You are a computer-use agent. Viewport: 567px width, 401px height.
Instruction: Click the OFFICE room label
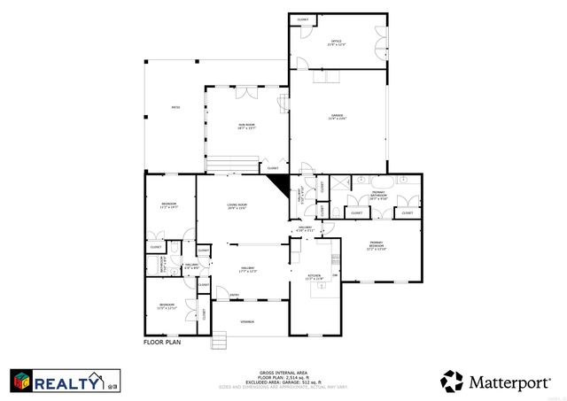point(337,42)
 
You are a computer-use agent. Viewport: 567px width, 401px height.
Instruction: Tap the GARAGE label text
point(338,116)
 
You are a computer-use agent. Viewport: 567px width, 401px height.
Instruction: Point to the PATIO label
point(175,108)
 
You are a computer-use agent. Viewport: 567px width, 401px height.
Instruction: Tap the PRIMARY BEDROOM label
point(378,246)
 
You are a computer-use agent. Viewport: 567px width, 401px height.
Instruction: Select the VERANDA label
point(249,321)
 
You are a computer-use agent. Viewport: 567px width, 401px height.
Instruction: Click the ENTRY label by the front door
point(234,295)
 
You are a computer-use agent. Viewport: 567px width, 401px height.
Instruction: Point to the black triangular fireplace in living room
point(280,183)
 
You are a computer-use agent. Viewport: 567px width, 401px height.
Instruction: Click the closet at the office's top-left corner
point(303,19)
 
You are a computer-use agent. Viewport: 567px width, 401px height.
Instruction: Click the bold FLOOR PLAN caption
point(161,341)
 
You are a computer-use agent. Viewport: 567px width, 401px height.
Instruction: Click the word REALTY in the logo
point(67,382)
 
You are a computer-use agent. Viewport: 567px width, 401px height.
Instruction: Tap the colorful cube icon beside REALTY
point(22,382)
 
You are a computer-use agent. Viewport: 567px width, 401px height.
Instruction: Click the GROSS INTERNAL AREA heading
point(283,373)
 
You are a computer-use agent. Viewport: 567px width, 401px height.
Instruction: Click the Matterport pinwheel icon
point(453,382)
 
